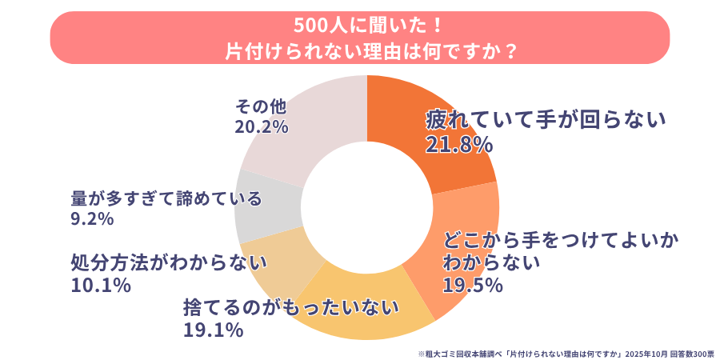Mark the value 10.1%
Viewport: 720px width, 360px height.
click(101, 285)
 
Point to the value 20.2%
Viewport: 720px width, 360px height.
click(261, 127)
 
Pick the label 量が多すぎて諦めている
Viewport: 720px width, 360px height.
click(166, 198)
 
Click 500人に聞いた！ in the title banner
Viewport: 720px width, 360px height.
click(360, 25)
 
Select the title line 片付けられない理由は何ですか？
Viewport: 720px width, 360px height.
click(360, 50)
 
